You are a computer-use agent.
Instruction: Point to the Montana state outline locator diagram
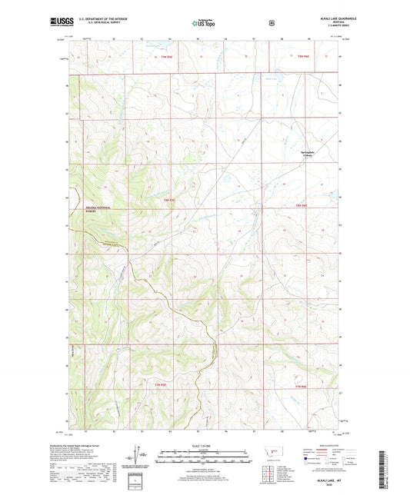click(268, 455)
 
